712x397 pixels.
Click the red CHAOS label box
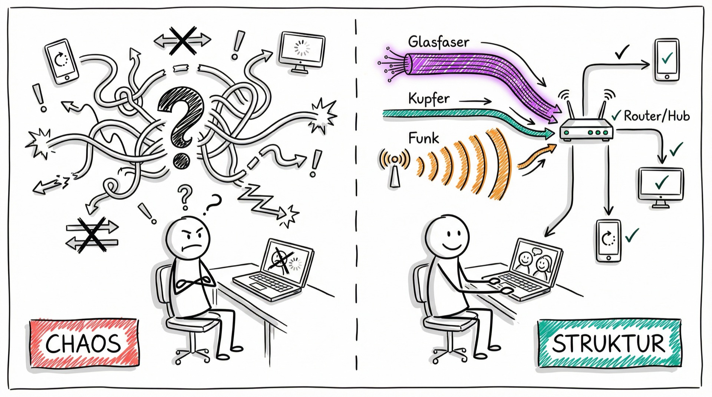coord(84,343)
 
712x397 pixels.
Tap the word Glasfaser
coord(439,42)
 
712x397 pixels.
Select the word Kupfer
coord(429,99)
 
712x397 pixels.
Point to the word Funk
coord(423,138)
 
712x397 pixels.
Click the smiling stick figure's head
coord(447,236)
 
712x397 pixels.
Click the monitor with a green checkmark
coord(661,187)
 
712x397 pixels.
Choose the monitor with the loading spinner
coord(303,52)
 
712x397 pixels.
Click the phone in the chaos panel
coord(62,61)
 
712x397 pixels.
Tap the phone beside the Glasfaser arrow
coord(667,60)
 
